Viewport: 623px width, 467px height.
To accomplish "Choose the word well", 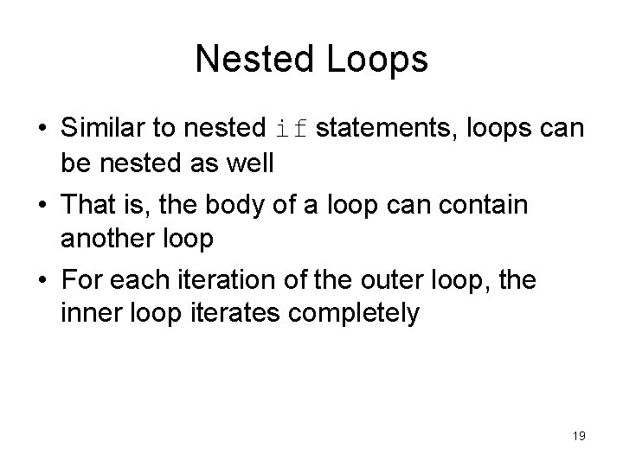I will click(x=250, y=163).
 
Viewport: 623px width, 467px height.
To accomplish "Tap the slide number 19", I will click(x=579, y=437).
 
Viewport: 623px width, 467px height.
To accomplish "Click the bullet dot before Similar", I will click(x=41, y=131).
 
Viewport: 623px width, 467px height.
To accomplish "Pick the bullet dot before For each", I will click(x=41, y=281).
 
